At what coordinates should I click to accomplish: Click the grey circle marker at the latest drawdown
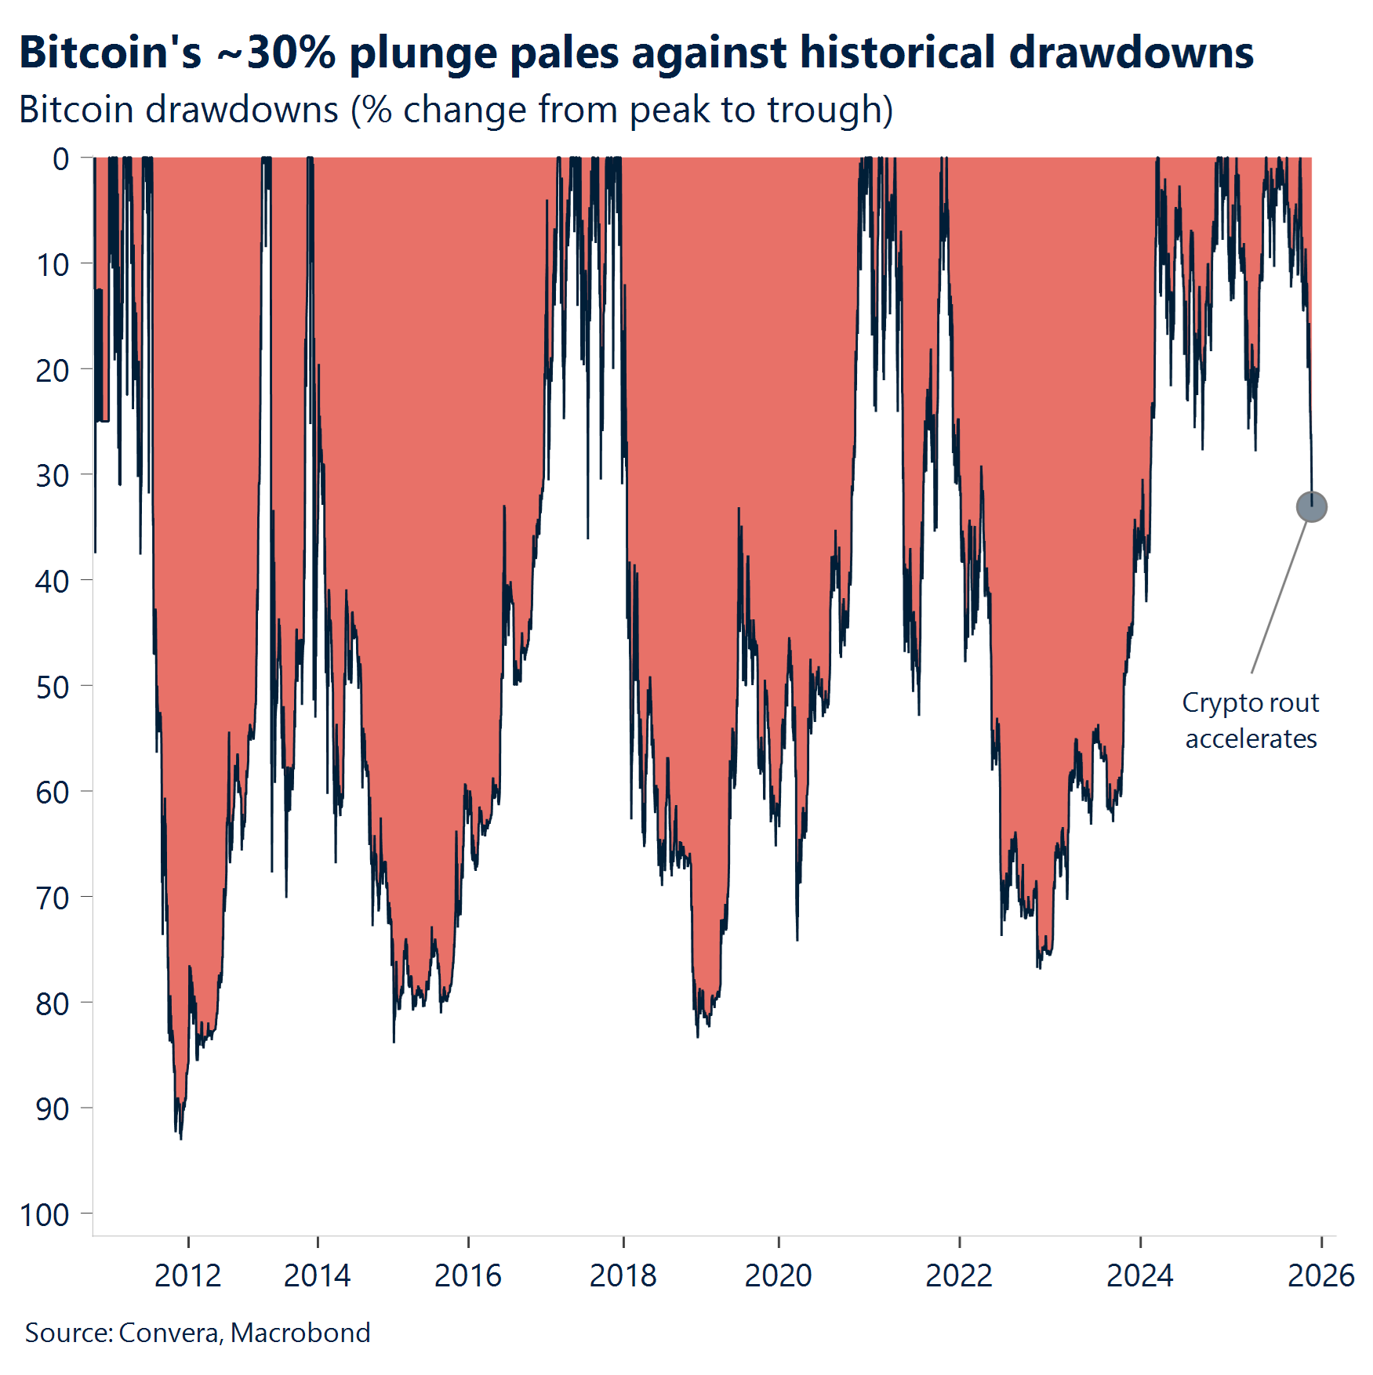point(1311,506)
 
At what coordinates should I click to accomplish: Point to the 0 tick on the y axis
point(61,159)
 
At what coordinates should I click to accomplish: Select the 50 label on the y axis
point(53,687)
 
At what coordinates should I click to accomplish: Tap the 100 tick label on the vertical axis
point(45,1215)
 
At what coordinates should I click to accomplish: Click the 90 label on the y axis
point(53,1109)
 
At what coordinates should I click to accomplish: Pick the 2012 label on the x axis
point(187,1275)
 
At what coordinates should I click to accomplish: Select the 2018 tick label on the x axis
point(623,1275)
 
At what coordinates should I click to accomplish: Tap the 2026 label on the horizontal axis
point(1320,1275)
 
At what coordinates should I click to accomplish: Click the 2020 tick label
point(778,1275)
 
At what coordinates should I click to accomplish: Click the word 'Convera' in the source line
point(169,1333)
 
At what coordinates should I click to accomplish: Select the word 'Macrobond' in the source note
point(300,1333)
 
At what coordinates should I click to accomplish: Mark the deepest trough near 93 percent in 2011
point(180,1137)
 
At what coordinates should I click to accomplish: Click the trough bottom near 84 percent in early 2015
point(394,1040)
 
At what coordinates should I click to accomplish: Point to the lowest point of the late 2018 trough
point(697,1035)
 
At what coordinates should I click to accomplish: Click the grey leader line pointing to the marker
point(1280,596)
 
